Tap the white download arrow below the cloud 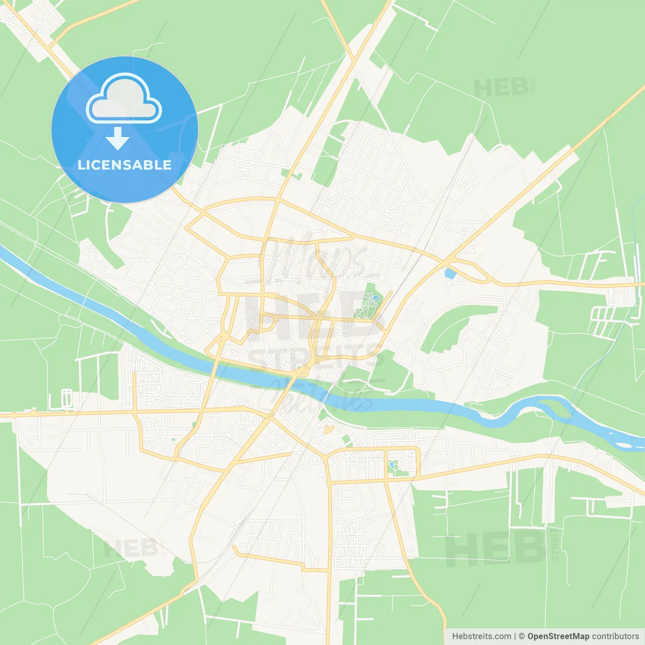pyautogui.click(x=118, y=139)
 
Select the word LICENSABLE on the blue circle pyautogui.click(x=124, y=165)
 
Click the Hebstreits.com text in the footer pyautogui.click(x=481, y=636)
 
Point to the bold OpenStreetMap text pyautogui.click(x=558, y=636)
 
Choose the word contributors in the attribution pyautogui.click(x=615, y=636)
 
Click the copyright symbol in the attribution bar pyautogui.click(x=522, y=636)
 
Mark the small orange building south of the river pyautogui.click(x=329, y=430)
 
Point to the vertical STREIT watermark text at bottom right pyautogui.click(x=555, y=545)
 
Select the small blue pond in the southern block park pyautogui.click(x=392, y=465)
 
